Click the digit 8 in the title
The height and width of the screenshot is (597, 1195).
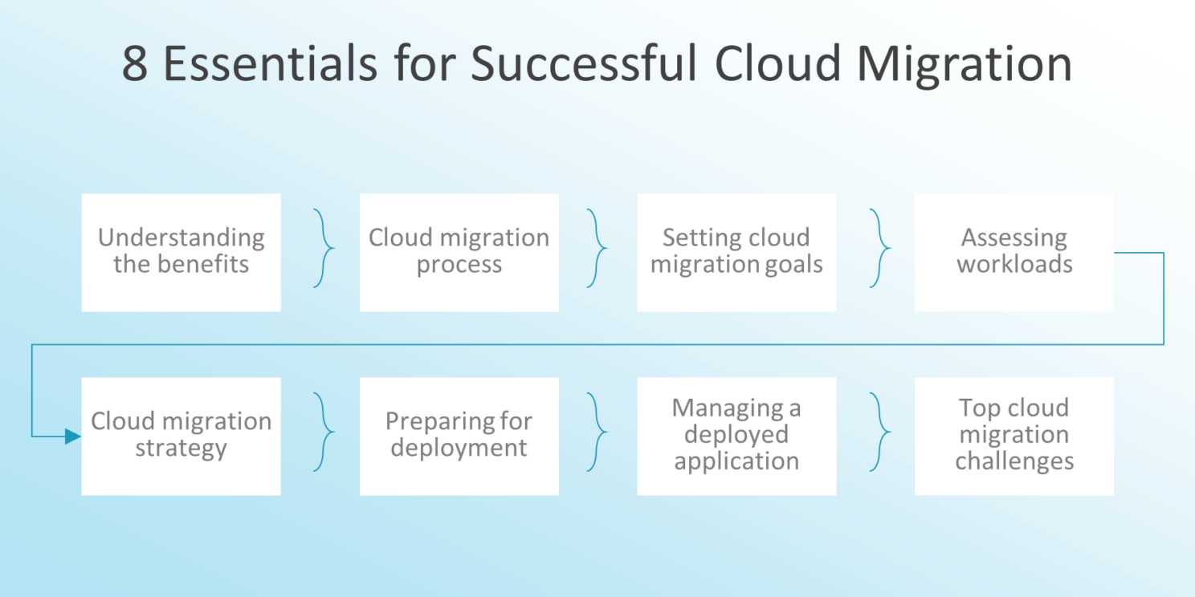(135, 64)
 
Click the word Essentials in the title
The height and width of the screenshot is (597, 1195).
(270, 64)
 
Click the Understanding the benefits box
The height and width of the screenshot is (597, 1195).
(181, 252)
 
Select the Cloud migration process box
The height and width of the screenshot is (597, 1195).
(459, 252)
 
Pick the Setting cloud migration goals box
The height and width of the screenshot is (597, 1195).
(736, 252)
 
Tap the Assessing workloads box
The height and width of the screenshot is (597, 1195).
(1014, 252)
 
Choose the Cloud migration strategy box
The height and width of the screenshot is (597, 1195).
(181, 436)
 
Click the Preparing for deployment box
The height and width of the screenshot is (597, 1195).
(459, 436)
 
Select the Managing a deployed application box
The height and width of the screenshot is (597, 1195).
(736, 436)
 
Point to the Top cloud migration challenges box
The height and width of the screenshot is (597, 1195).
(1014, 436)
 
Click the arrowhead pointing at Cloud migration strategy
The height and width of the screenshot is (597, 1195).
(73, 437)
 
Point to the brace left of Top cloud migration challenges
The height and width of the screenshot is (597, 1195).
(880, 433)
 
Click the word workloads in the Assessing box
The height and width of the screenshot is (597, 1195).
(1014, 265)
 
